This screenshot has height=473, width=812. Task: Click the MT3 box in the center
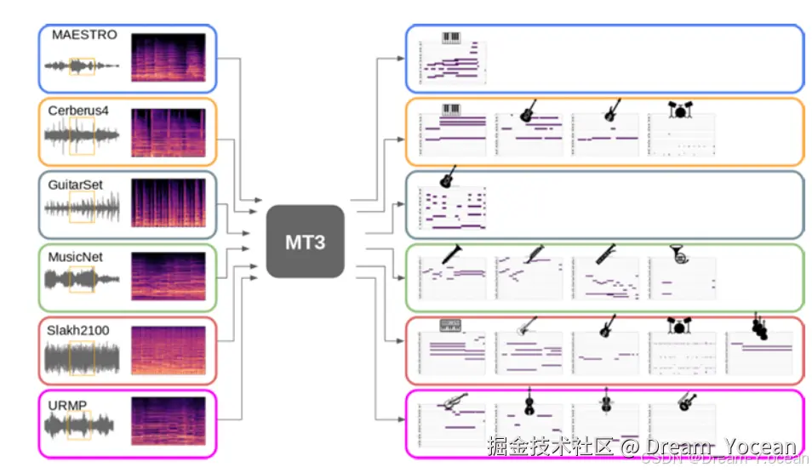click(305, 241)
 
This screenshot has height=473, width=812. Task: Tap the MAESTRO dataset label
click(84, 35)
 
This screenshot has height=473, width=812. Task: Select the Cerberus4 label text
click(78, 110)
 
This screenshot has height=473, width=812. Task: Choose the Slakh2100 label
click(78, 330)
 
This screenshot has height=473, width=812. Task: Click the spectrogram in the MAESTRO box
click(168, 57)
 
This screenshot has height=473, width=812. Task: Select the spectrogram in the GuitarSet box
click(168, 203)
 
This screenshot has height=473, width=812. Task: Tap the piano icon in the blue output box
click(451, 38)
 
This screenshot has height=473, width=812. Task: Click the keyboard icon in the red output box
click(451, 326)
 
